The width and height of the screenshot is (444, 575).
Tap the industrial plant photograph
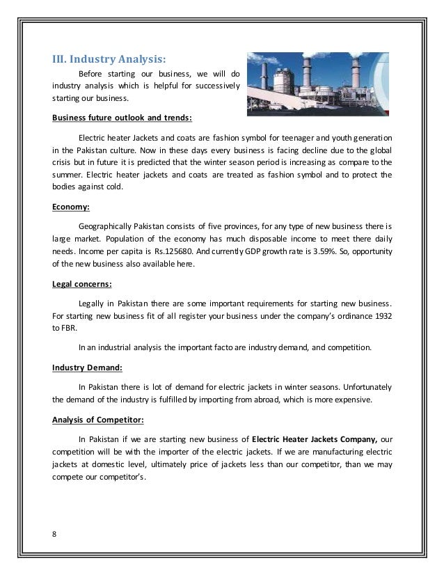coord(315,84)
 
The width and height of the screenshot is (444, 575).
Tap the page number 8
coord(55,534)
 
